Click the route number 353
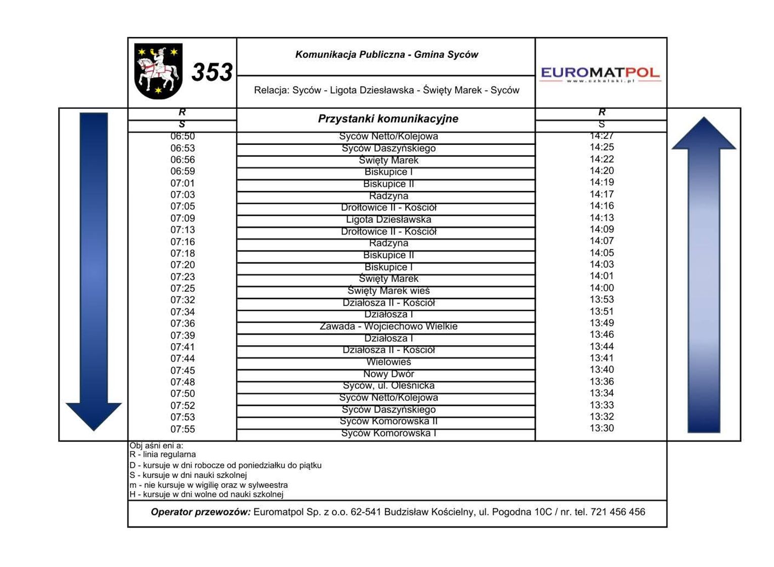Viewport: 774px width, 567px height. click(x=212, y=72)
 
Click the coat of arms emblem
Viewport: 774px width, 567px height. click(x=158, y=71)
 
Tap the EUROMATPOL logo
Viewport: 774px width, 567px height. click(x=600, y=74)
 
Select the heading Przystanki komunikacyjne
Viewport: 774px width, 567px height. click(x=388, y=119)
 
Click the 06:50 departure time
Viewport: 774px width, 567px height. click(x=183, y=136)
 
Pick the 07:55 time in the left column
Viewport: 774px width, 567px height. click(x=183, y=429)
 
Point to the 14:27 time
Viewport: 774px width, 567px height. click(x=601, y=136)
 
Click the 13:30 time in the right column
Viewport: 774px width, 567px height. click(x=601, y=428)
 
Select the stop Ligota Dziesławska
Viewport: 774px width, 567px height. click(x=389, y=220)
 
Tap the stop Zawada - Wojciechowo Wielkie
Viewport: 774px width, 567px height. click(x=389, y=327)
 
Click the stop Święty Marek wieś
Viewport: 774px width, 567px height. click(x=389, y=291)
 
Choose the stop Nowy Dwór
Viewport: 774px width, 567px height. click(x=389, y=374)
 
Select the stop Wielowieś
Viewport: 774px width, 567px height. click(x=389, y=362)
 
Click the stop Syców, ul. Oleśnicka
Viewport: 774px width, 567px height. click(x=389, y=386)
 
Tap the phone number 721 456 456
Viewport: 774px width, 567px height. click(x=618, y=512)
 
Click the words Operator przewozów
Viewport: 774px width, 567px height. click(x=201, y=512)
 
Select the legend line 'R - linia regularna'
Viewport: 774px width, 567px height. click(x=163, y=455)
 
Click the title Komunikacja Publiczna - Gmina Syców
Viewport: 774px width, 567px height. click(x=386, y=55)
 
